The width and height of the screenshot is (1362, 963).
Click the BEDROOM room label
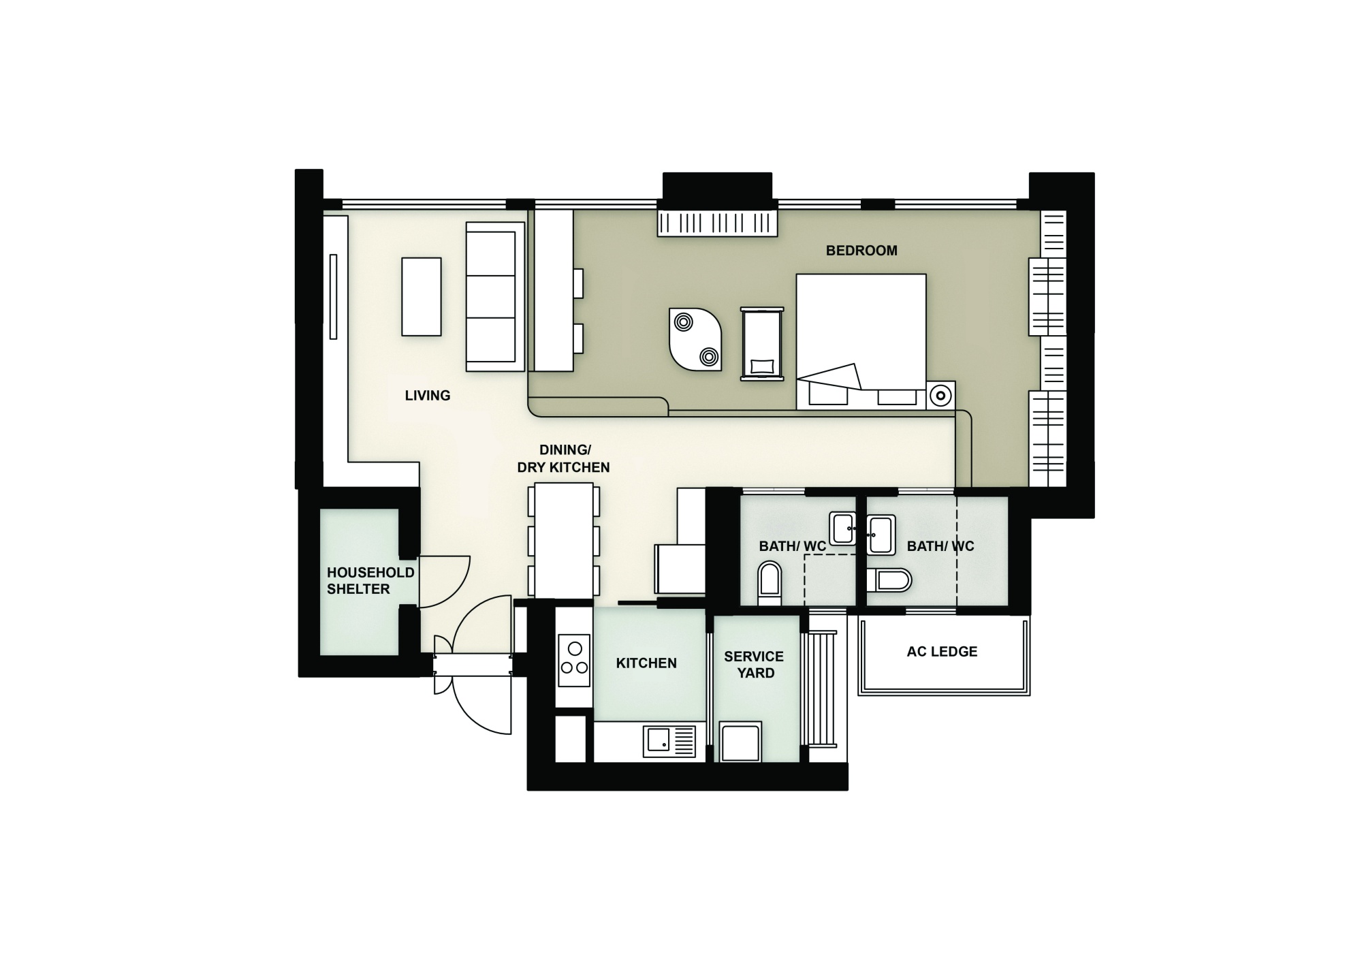click(x=861, y=251)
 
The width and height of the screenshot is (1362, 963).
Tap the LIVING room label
click(x=428, y=396)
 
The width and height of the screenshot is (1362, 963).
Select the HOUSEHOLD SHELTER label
click(x=370, y=581)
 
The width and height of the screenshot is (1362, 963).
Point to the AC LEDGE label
click(x=942, y=652)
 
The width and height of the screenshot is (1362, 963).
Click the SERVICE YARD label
click(x=754, y=665)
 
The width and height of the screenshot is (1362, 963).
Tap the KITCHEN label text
click(x=646, y=663)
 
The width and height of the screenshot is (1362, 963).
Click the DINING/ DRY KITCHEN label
click(x=564, y=459)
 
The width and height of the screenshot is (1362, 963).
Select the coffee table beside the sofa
click(x=422, y=297)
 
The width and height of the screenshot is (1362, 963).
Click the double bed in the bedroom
click(x=861, y=342)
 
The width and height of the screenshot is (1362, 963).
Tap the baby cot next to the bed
click(x=762, y=343)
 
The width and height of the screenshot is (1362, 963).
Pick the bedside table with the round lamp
click(x=941, y=396)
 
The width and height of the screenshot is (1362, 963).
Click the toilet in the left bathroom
click(x=770, y=583)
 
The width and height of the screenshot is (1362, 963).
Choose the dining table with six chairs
click(x=564, y=540)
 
